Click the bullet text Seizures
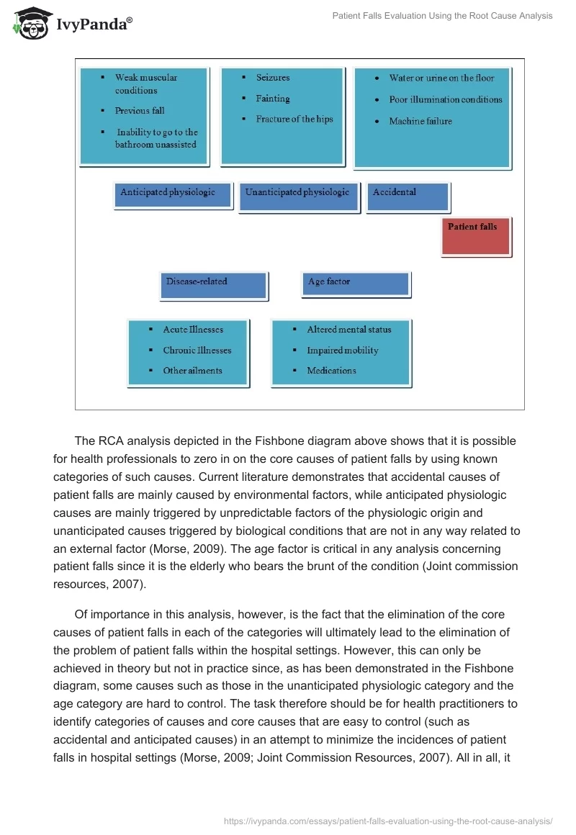click(x=273, y=78)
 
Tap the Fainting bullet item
click(x=273, y=99)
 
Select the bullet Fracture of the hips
click(x=294, y=119)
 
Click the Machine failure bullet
click(x=420, y=122)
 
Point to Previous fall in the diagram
click(x=140, y=111)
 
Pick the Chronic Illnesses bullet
click(x=197, y=351)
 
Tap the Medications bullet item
click(x=331, y=371)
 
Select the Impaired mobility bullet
click(x=342, y=351)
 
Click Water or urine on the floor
click(x=441, y=78)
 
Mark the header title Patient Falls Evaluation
click(x=442, y=16)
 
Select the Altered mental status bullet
click(x=349, y=330)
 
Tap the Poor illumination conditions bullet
click(x=446, y=100)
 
